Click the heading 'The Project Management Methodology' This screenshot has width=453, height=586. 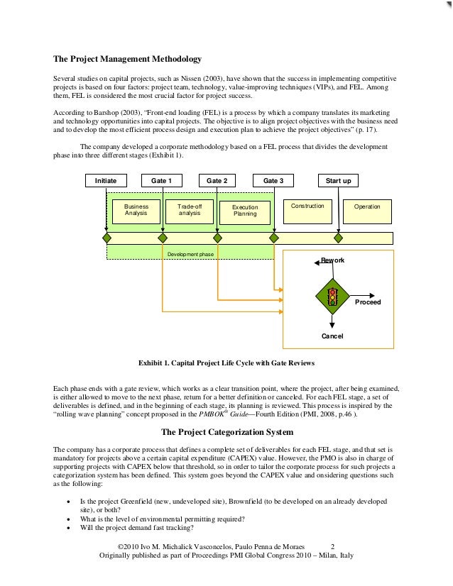tap(128, 58)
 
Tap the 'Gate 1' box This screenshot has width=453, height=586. tap(161, 181)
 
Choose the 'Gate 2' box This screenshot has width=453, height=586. tap(217, 181)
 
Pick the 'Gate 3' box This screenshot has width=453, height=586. tap(273, 181)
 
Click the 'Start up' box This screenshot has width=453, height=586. tap(338, 181)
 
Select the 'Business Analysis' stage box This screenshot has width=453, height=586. tap(136, 209)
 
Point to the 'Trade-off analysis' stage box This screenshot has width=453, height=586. tap(190, 209)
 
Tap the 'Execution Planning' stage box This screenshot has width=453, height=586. tap(245, 210)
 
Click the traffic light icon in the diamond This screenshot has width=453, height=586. tap(332, 297)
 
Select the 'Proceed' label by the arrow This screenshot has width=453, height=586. tap(368, 302)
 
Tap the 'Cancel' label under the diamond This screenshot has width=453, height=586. tap(332, 336)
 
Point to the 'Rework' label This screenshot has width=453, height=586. tap(332, 260)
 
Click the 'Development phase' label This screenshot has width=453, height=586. tap(190, 253)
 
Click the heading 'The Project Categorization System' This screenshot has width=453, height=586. tap(226, 431)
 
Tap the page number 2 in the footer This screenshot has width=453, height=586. tap(334, 547)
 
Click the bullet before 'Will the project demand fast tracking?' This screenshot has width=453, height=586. tap(67, 529)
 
